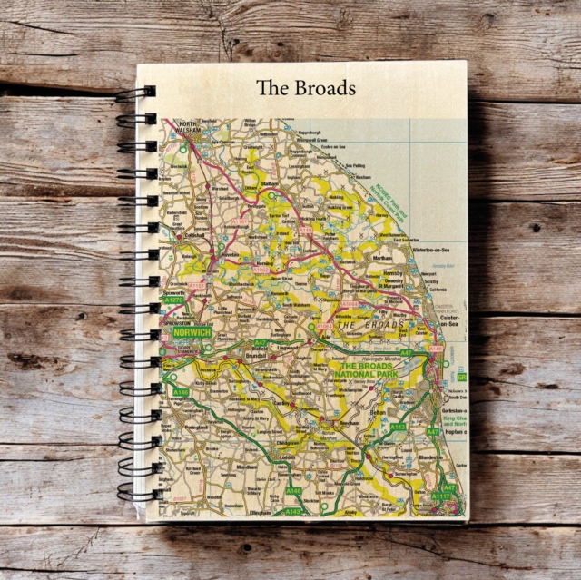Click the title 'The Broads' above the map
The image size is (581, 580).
pyautogui.click(x=305, y=88)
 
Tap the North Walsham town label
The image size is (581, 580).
pyautogui.click(x=188, y=128)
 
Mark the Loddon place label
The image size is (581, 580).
pyautogui.click(x=288, y=457)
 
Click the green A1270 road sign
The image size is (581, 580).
pyautogui.click(x=172, y=300)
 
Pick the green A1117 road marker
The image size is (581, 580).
pyautogui.click(x=442, y=496)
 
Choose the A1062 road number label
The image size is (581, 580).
pyautogui.click(x=261, y=269)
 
